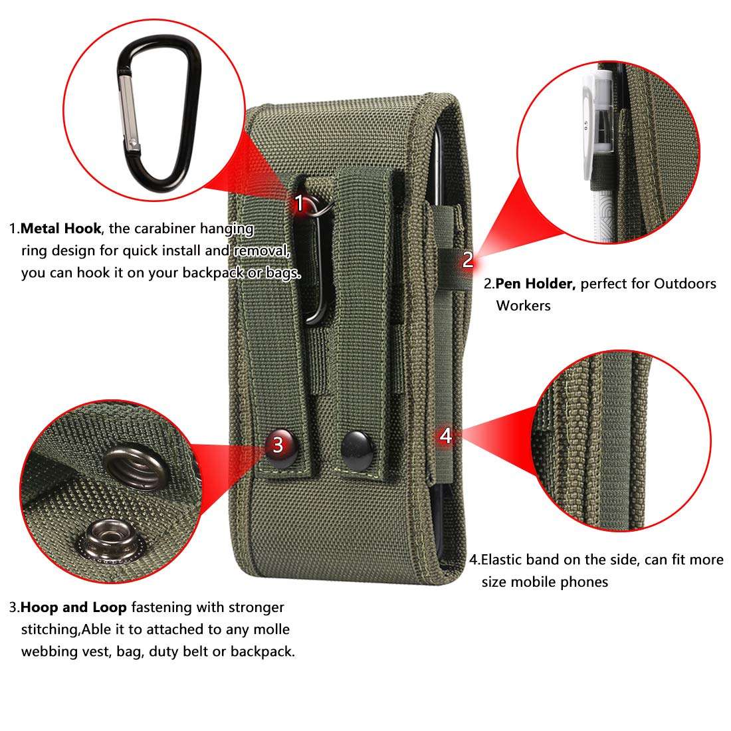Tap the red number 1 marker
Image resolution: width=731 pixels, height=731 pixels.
coord(300,203)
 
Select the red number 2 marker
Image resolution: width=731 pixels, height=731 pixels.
coord(468,260)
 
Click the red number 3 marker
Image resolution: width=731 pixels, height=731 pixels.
coord(278,445)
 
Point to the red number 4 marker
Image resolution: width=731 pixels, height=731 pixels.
coord(446,436)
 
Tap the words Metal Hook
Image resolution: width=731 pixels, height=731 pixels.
coord(60,229)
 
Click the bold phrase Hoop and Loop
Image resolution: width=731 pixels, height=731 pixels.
coord(74,607)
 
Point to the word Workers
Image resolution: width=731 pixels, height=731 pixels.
coord(523,306)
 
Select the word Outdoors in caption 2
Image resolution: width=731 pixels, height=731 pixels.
coord(685,284)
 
